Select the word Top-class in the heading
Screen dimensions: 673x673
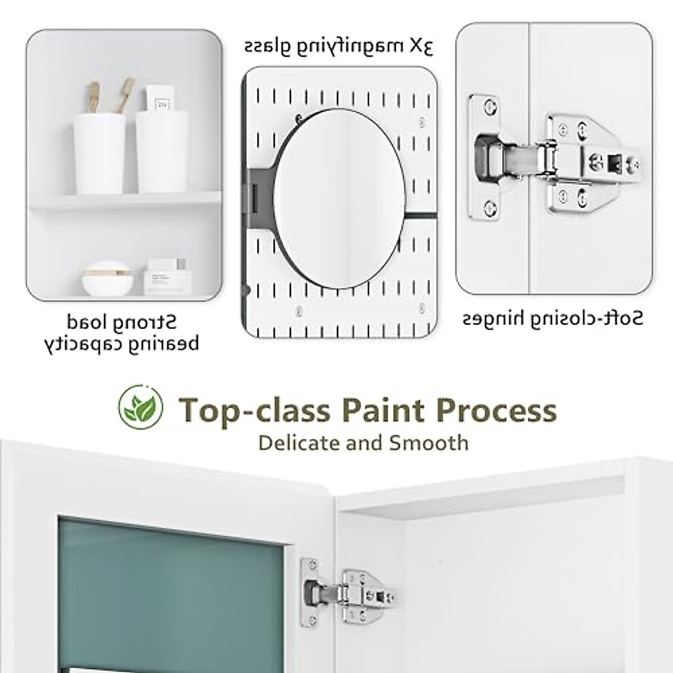click(254, 411)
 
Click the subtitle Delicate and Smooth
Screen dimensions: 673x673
click(363, 442)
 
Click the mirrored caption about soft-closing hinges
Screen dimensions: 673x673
click(552, 319)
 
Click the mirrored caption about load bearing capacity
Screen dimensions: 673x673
click(122, 333)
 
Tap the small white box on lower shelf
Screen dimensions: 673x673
click(164, 278)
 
